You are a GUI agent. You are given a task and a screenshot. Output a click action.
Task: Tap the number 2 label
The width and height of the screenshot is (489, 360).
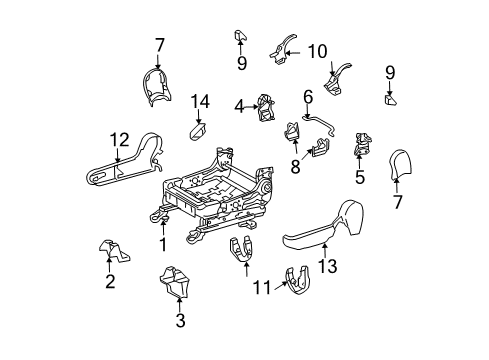click(x=108, y=281)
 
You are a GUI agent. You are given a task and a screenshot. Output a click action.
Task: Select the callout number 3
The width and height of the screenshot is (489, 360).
click(x=180, y=320)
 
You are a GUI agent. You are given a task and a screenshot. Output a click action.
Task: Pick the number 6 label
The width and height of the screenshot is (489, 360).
click(x=308, y=95)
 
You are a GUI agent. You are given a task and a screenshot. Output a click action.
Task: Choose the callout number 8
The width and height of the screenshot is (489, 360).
click(x=294, y=166)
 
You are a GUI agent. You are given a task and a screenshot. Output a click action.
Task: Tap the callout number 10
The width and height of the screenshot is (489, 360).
click(x=317, y=50)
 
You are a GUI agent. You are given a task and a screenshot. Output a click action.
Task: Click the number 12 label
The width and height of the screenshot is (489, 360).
click(x=119, y=140)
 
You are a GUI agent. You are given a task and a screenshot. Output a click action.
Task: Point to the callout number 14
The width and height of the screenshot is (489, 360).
click(x=199, y=100)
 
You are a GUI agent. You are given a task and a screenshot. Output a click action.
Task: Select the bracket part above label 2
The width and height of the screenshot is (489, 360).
click(x=108, y=250)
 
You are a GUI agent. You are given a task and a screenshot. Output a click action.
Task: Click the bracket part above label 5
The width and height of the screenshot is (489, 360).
click(x=361, y=145)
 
